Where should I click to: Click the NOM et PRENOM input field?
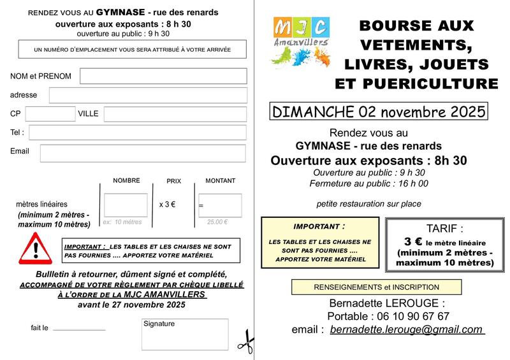point(163,76)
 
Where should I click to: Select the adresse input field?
point(148,95)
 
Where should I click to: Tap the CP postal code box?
point(50,113)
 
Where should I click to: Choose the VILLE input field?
point(175,114)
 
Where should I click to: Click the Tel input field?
point(138,133)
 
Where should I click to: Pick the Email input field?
point(143,153)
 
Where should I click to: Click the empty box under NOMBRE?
point(126,205)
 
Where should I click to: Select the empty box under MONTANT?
point(220,205)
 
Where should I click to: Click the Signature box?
point(185,335)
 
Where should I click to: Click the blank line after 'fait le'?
point(79,329)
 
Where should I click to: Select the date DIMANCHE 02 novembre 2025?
point(379,111)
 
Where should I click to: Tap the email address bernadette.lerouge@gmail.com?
point(407,329)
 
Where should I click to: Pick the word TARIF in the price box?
point(444,229)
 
